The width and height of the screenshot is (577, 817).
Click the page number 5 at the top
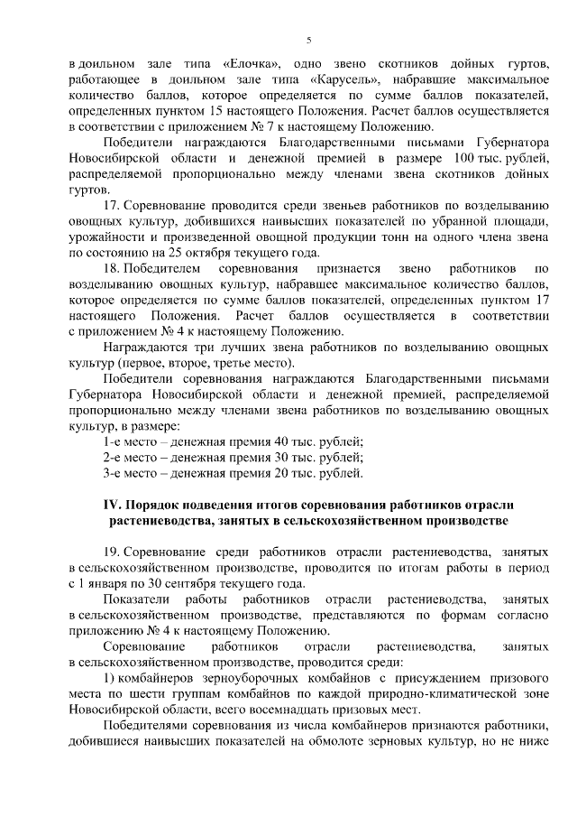[x=308, y=39]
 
